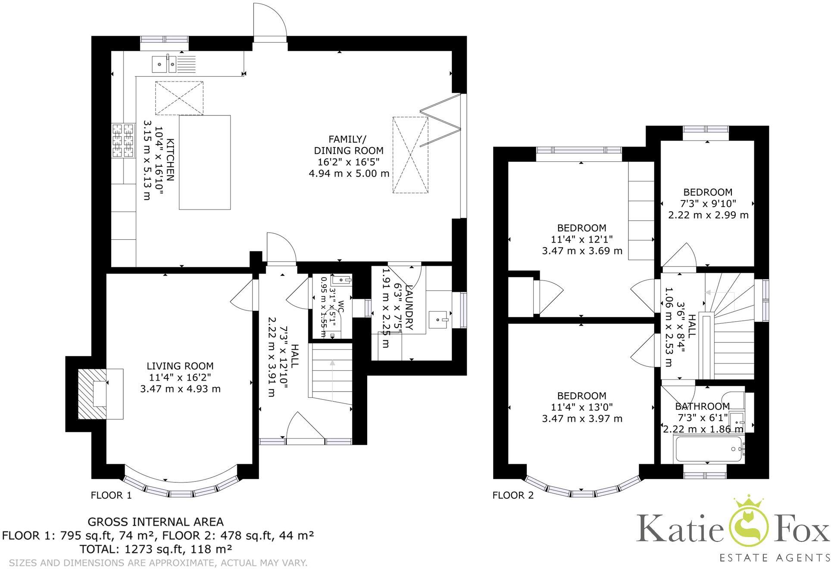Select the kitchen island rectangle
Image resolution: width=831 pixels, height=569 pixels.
pos(204,162)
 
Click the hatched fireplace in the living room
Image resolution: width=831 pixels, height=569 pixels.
pos(92,394)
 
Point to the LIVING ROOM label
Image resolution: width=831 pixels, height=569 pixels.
pos(180,366)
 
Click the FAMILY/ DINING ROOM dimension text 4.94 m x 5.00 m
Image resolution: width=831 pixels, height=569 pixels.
pos(349,174)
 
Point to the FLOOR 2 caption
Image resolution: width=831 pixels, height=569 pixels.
pos(513,495)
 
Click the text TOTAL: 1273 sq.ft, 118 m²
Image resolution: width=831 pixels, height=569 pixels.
pos(156,549)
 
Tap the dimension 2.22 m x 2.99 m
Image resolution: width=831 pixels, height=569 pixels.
pos(708,215)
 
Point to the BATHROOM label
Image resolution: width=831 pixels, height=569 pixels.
pos(702,406)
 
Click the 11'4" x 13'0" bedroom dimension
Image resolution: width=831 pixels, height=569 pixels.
pos(581,407)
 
